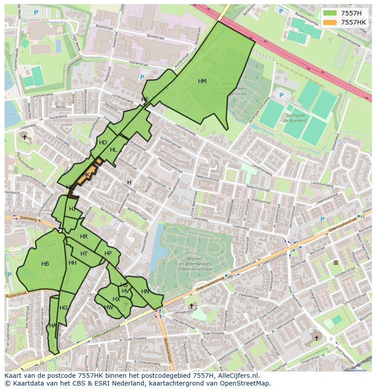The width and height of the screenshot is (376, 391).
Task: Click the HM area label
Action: (202, 81)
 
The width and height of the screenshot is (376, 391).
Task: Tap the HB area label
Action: (45, 264)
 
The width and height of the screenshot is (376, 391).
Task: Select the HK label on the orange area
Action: (86, 175)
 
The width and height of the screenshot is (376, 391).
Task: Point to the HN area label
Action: (145, 292)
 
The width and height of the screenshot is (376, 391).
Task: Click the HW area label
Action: (109, 307)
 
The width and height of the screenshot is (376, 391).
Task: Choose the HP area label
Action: (108, 253)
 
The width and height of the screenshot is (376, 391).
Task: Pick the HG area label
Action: (64, 308)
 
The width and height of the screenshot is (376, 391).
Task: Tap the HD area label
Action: (103, 143)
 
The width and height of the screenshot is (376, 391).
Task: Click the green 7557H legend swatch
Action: (330, 13)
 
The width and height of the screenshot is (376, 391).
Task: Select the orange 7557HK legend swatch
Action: (330, 22)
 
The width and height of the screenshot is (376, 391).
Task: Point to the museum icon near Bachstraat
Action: (336, 262)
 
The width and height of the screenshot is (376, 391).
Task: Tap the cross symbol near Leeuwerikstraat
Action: (191, 306)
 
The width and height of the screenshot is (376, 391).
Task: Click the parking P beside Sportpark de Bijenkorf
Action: (281, 95)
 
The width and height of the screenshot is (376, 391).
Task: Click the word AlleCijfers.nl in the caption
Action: (237, 376)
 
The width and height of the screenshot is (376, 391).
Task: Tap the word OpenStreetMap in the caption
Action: (246, 384)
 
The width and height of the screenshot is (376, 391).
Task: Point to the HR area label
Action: (84, 237)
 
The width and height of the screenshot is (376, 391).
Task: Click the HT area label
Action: (84, 254)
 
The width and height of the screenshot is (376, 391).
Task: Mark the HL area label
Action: (114, 150)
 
